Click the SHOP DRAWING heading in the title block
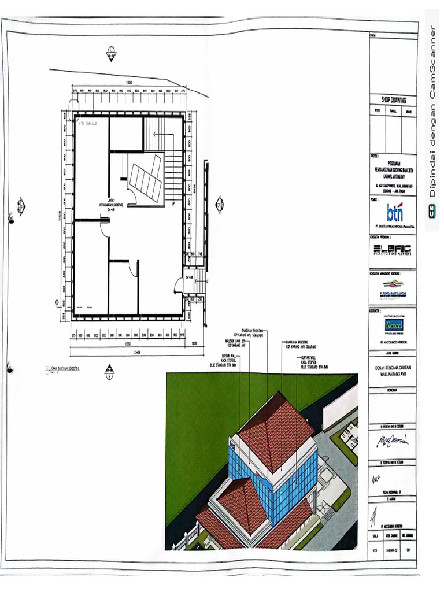click(393, 99)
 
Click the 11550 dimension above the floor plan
click(131, 84)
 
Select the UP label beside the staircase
click(172, 203)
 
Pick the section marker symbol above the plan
click(110, 55)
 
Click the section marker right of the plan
click(219, 203)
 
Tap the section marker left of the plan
click(21, 205)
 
